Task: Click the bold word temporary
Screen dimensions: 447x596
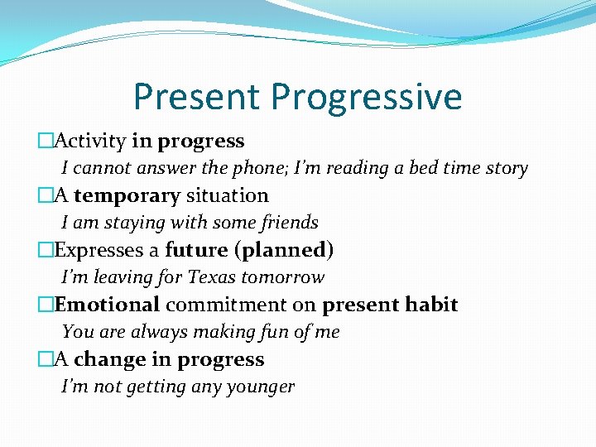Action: click(x=127, y=196)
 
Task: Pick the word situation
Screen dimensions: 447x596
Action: click(x=227, y=196)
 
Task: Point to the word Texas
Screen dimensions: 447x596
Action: click(x=211, y=277)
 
